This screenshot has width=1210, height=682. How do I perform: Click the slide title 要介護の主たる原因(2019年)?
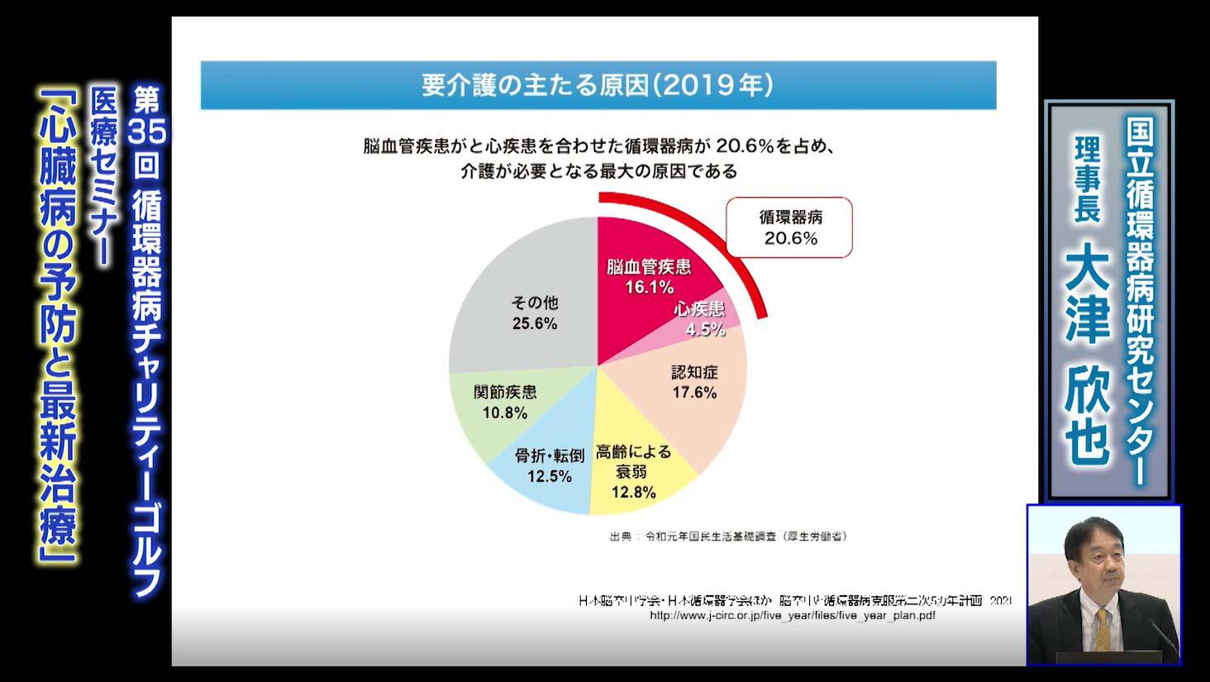598,85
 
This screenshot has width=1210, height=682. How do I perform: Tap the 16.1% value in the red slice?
649,287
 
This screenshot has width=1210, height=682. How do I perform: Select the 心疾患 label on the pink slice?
699,309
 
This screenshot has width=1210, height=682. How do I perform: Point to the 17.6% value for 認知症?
694,393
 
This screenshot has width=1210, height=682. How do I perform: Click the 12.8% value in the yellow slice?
633,493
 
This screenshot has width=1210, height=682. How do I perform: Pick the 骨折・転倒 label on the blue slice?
550,455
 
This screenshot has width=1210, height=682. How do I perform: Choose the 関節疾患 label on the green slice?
505,392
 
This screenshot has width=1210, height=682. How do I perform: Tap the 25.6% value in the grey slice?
535,323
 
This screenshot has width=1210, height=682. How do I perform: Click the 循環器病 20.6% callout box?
789,227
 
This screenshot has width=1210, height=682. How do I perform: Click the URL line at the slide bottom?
793,616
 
